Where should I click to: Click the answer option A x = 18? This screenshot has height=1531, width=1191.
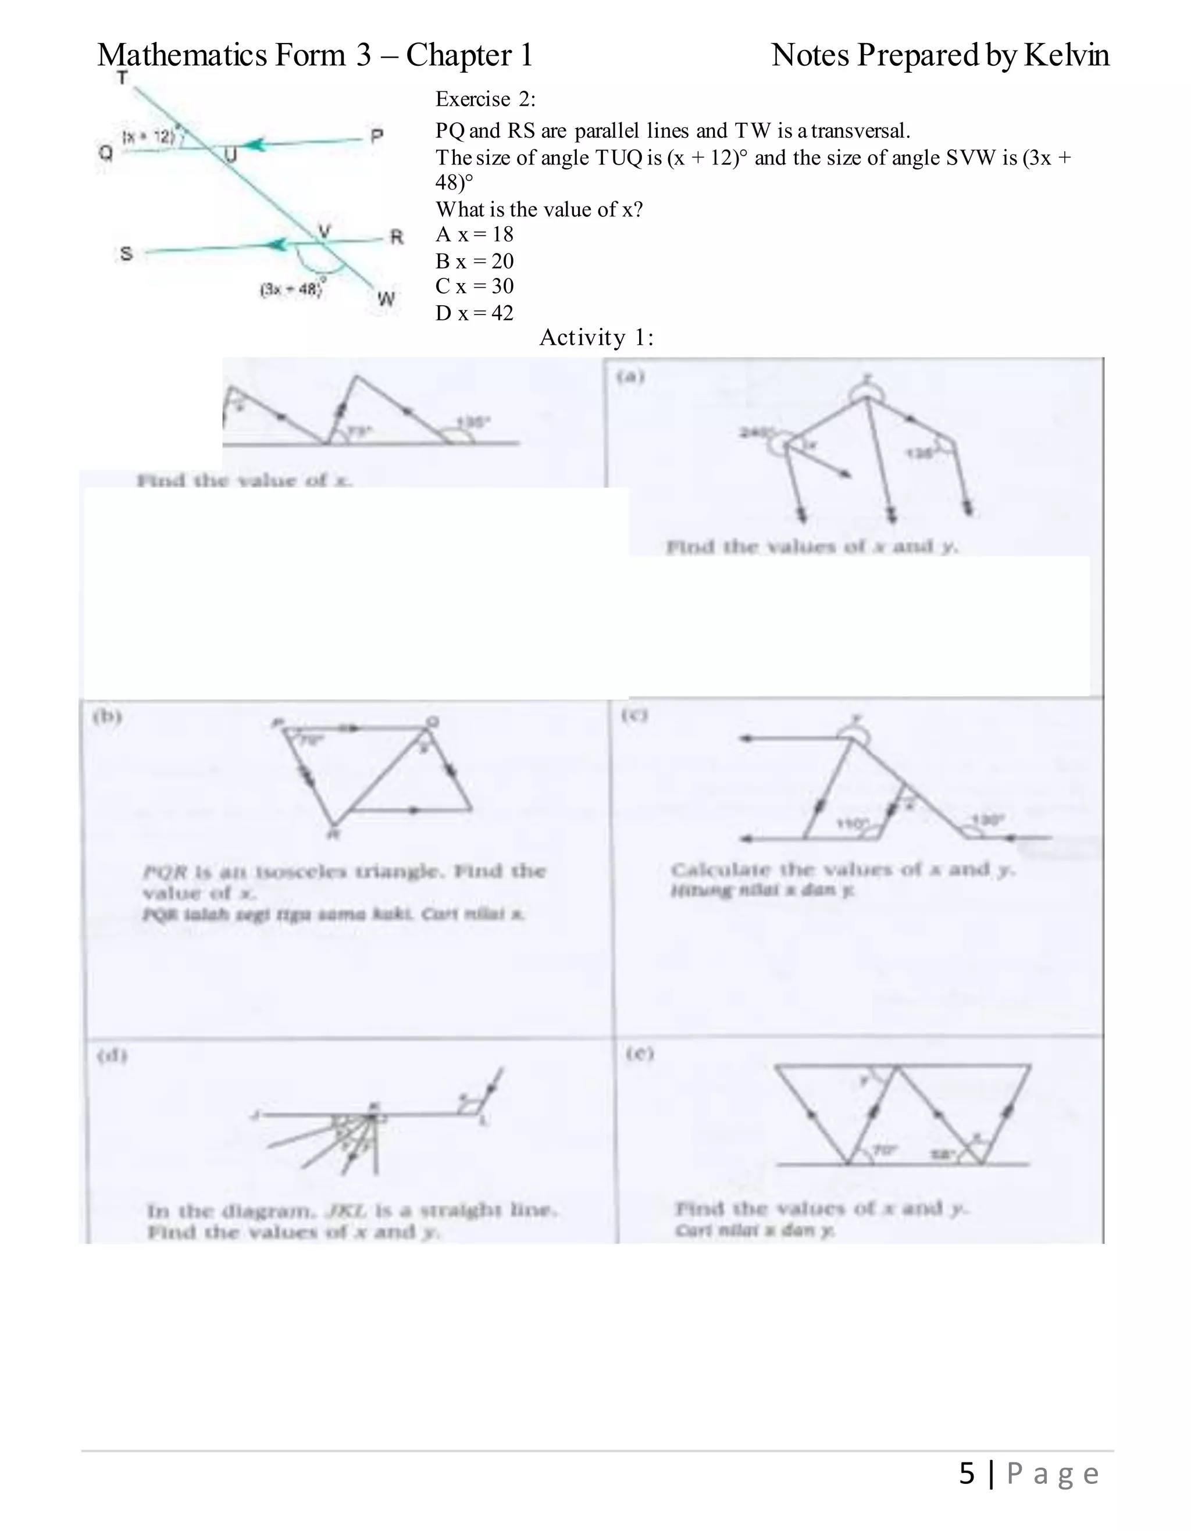coord(475,235)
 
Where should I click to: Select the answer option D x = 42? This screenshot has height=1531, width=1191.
coord(475,313)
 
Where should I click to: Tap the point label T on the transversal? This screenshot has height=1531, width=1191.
coord(123,78)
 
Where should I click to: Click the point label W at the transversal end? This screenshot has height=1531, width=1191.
coord(386,299)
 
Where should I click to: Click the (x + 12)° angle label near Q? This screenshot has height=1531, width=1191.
coord(149,136)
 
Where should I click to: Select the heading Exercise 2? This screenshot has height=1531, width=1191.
coord(485,99)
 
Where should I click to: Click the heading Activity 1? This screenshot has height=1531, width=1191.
coord(596,338)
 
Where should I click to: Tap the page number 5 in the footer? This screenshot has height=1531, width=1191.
coord(967,1473)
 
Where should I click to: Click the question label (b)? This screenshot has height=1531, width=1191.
coord(107,716)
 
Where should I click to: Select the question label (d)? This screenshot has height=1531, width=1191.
coord(112,1056)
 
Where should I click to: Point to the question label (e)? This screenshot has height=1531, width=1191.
coord(639,1054)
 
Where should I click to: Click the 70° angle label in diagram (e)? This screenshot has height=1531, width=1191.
coord(885,1150)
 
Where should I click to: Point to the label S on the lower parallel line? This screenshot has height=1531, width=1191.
coord(126,253)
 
